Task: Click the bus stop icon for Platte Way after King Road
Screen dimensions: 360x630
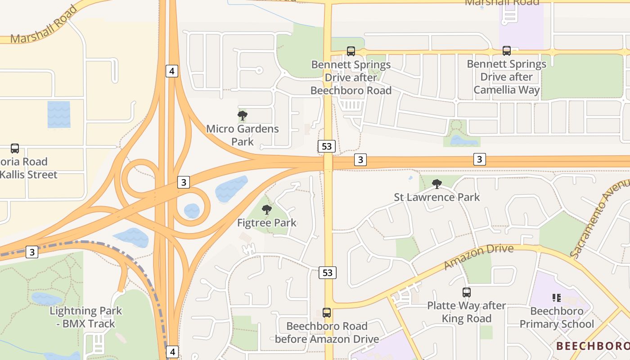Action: [x=467, y=292]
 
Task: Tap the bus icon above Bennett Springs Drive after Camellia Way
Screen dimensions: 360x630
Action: [x=507, y=51]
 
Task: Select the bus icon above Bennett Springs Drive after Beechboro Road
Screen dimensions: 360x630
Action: [x=351, y=51]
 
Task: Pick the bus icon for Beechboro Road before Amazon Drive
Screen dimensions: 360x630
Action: [x=327, y=313]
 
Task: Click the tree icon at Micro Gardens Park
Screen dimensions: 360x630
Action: [x=243, y=116]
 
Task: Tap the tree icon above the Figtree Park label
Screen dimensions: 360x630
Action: [x=267, y=210]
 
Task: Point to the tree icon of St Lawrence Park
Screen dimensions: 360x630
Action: [x=436, y=184]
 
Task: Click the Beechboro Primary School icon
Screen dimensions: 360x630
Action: [x=557, y=297]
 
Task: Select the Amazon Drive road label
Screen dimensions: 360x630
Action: [x=478, y=256]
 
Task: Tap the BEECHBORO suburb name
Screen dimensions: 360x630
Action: [x=593, y=346]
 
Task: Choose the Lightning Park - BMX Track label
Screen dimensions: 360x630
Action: [x=85, y=317]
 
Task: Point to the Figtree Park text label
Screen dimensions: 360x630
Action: [x=267, y=223]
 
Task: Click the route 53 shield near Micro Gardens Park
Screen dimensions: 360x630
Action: [x=327, y=146]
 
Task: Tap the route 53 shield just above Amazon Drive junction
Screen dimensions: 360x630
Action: [x=328, y=272]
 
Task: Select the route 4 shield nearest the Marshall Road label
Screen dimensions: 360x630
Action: [x=172, y=71]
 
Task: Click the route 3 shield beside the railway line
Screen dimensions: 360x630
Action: [x=31, y=252]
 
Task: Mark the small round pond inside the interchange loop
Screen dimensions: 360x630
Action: [x=192, y=210]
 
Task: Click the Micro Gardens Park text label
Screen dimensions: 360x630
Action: [x=243, y=135]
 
